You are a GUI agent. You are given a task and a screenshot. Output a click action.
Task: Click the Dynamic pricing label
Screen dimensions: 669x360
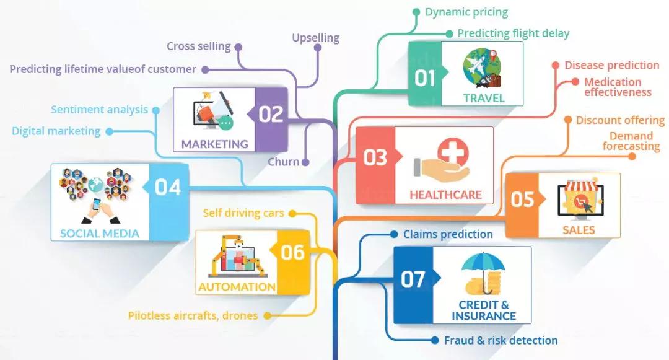pos(466,12)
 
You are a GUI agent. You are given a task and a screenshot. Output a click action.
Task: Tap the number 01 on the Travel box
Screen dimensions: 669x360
pos(425,79)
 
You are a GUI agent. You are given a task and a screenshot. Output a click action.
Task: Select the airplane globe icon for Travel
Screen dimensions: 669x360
pos(483,69)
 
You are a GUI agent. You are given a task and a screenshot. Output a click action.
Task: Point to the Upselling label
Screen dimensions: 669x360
pos(316,38)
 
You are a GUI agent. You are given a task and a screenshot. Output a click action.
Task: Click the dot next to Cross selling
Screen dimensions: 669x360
pos(238,47)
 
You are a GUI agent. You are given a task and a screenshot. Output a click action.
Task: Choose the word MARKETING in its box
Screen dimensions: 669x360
pos(214,144)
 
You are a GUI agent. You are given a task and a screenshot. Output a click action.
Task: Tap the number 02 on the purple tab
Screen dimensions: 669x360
pos(271,114)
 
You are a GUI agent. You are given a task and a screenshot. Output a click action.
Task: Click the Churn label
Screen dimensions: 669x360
pos(283,162)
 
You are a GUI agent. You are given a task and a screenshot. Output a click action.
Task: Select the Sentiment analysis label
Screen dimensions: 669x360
pos(99,110)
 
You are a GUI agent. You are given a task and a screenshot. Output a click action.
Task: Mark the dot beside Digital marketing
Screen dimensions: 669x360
pos(110,131)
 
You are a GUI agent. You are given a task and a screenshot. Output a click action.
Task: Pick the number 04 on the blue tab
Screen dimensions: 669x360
pos(168,187)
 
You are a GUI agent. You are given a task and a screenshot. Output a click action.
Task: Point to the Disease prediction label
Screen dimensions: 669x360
pos(612,65)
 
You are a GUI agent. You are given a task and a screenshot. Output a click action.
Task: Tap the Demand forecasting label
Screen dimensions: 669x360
pos(631,141)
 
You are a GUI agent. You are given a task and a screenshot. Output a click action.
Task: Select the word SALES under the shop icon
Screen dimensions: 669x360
pos(579,230)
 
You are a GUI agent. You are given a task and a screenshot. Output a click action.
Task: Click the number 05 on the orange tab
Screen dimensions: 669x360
pos(523,200)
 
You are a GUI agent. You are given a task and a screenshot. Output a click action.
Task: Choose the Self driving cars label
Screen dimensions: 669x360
pos(243,213)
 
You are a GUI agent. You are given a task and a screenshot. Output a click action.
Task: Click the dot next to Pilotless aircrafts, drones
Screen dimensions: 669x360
pos(268,315)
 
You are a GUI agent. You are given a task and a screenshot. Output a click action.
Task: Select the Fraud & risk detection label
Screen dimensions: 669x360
pos(501,340)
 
